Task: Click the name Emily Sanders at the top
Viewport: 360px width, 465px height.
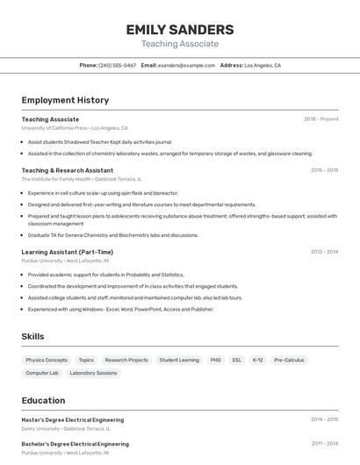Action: pyautogui.click(x=180, y=29)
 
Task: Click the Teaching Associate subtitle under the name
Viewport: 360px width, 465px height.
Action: pyautogui.click(x=180, y=44)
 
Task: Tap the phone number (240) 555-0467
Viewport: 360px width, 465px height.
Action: pyautogui.click(x=117, y=65)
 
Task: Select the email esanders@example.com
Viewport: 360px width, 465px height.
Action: pyautogui.click(x=186, y=65)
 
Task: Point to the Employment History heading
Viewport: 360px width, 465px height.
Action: pyautogui.click(x=65, y=100)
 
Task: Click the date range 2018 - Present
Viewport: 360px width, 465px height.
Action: pyautogui.click(x=321, y=119)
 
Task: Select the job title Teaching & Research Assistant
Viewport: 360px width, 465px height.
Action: pyautogui.click(x=68, y=170)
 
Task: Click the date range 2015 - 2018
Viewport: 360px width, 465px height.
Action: pyautogui.click(x=324, y=170)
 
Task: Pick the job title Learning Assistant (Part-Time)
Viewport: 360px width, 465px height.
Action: pyautogui.click(x=68, y=252)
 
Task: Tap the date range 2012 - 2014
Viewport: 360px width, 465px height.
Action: pyautogui.click(x=324, y=252)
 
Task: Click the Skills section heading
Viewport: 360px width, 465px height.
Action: pyautogui.click(x=32, y=336)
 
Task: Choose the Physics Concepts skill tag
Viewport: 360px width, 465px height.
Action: pyautogui.click(x=47, y=360)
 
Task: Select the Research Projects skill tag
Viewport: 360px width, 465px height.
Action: pyautogui.click(x=126, y=360)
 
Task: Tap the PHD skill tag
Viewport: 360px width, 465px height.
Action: pyautogui.click(x=215, y=360)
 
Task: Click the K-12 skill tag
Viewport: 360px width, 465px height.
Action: pyautogui.click(x=257, y=360)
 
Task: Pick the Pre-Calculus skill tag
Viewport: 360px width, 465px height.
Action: pyautogui.click(x=289, y=360)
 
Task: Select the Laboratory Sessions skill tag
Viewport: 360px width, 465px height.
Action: pyautogui.click(x=93, y=373)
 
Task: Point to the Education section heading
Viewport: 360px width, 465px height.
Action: pyautogui.click(x=43, y=400)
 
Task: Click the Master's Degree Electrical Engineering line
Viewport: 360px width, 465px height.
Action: pyautogui.click(x=73, y=420)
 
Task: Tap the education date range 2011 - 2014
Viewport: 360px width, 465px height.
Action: pyautogui.click(x=324, y=444)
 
